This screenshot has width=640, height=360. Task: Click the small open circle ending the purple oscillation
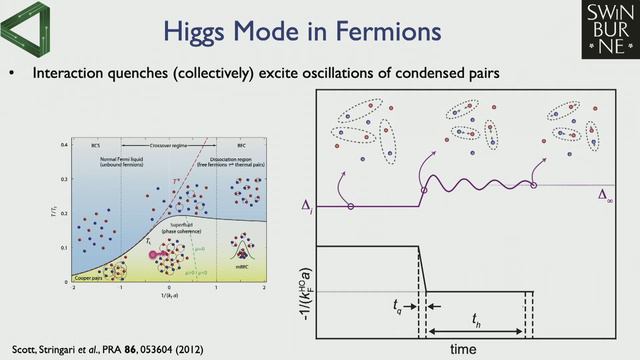coord(533,184)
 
